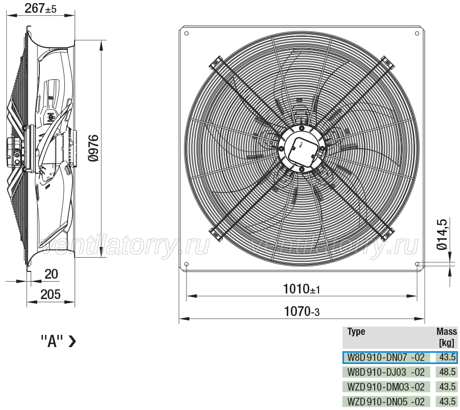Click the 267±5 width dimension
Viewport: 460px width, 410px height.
click(x=40, y=8)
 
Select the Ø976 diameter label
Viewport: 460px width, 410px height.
click(x=94, y=148)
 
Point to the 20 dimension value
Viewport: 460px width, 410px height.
click(x=51, y=274)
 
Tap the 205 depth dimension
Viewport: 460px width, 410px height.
click(x=51, y=294)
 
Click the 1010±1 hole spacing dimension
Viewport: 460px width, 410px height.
click(x=301, y=289)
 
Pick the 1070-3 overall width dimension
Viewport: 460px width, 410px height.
click(x=302, y=311)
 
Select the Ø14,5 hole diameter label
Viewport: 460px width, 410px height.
click(x=442, y=234)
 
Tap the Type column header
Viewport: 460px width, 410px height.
click(x=356, y=332)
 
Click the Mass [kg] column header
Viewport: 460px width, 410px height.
click(x=447, y=337)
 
